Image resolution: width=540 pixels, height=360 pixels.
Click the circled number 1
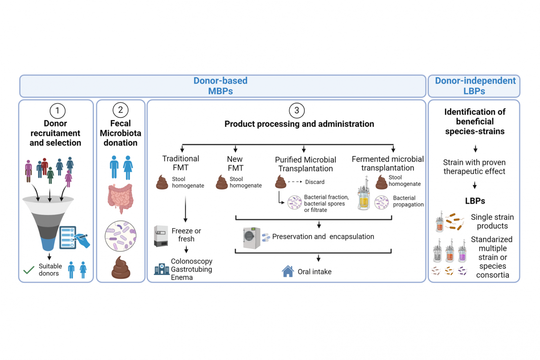pos(58,111)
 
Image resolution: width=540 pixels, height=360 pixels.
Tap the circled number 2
pos(121,110)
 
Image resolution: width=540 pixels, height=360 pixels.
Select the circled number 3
pos(297,110)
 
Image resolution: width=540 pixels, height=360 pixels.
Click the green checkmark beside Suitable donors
pos(29,270)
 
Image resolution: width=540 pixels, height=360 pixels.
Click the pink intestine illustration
pos(121,198)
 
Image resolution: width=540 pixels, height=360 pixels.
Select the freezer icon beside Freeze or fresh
pos(161,236)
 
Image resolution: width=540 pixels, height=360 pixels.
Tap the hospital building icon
pos(162,269)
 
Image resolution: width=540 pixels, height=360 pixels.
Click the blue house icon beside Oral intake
pos(288,271)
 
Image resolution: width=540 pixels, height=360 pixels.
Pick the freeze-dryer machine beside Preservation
pos(252,238)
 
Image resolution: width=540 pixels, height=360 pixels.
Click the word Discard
pos(315,182)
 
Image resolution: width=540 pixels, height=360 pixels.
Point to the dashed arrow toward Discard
pos(295,181)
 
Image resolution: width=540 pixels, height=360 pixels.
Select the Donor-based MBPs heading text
pos(220,86)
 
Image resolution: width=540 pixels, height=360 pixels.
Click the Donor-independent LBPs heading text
pos(475,86)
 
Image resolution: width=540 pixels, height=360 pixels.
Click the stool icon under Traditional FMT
pos(162,182)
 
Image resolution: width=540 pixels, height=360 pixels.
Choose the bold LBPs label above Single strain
pos(475,201)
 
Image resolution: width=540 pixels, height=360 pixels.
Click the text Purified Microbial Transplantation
pos(306,164)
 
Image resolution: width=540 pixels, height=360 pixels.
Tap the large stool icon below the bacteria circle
pos(121,268)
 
